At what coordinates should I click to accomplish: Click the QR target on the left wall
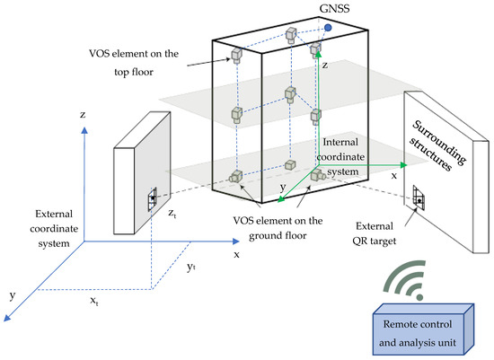tap(154, 199)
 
